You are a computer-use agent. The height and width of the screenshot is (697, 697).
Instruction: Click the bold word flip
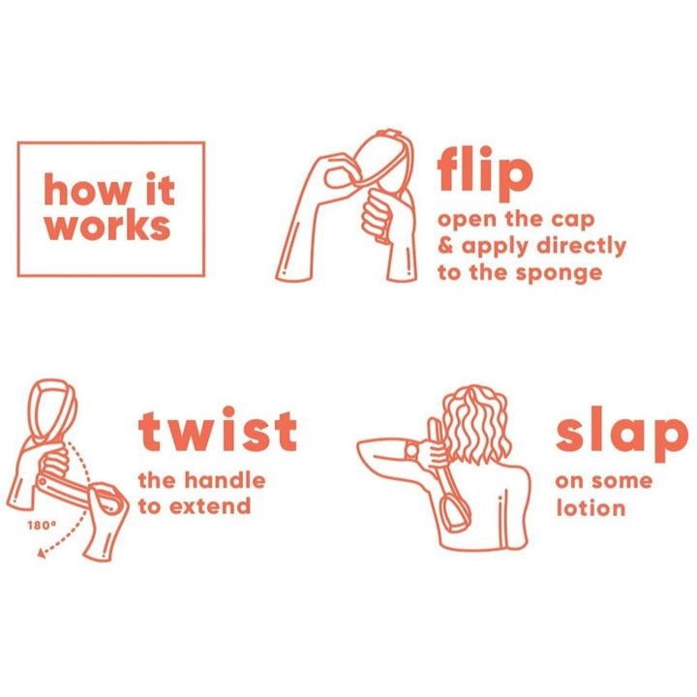pyautogui.click(x=485, y=173)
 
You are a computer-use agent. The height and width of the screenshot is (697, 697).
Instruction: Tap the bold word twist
pyautogui.click(x=218, y=429)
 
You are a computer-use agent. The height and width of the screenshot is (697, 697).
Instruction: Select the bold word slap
pyautogui.click(x=621, y=434)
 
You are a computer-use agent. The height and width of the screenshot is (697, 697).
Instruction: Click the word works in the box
pyautogui.click(x=107, y=227)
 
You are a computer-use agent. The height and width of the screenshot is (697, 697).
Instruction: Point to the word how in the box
pyautogui.click(x=88, y=190)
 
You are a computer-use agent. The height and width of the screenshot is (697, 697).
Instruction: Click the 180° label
pyautogui.click(x=42, y=526)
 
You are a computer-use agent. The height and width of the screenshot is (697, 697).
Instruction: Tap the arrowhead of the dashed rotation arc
pyautogui.click(x=42, y=553)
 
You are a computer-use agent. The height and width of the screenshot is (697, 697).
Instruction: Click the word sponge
pyautogui.click(x=559, y=274)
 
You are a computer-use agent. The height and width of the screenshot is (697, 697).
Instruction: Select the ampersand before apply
pyautogui.click(x=445, y=245)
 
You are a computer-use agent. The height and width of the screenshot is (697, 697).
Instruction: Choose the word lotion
pyautogui.click(x=591, y=507)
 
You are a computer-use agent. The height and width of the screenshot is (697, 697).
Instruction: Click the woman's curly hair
pyautogui.click(x=475, y=425)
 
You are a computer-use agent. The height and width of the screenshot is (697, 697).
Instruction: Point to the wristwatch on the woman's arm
pyautogui.click(x=411, y=451)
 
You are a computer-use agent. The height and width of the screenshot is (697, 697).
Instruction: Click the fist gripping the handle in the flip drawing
pyautogui.click(x=380, y=213)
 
